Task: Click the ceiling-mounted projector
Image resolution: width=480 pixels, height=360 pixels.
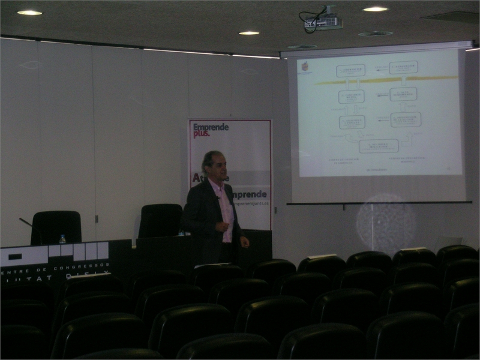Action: tap(323, 23)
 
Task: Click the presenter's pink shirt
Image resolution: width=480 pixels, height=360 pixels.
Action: tap(225, 213)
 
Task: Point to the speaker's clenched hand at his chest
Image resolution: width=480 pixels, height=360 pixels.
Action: tap(223, 226)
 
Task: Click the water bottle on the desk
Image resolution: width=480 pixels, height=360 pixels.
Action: tap(62, 239)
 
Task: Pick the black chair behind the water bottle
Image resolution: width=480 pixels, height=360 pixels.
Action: tap(56, 226)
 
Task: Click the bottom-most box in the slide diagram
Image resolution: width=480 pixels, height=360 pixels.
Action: tap(379, 146)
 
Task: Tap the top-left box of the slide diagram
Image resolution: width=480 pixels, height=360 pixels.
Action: tap(351, 70)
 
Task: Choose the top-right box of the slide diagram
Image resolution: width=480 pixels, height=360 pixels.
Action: tap(403, 67)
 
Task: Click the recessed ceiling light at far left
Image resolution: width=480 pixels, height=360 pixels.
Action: tap(29, 12)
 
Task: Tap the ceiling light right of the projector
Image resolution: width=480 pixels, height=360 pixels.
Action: tap(375, 9)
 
